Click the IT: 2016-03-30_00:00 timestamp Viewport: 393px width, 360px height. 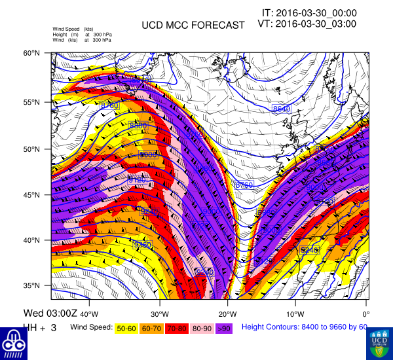(309, 12)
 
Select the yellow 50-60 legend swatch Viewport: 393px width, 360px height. (127, 327)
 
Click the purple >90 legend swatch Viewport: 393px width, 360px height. (223, 327)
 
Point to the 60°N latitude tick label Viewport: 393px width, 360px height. (41, 53)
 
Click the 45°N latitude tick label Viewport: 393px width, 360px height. (41, 195)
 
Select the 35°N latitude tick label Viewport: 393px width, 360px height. (41, 285)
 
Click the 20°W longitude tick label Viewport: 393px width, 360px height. (227, 304)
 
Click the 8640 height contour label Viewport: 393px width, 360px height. (281, 109)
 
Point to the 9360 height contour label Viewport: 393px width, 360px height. (143, 245)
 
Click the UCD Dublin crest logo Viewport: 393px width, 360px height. (379, 342)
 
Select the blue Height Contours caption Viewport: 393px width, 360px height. (305, 327)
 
